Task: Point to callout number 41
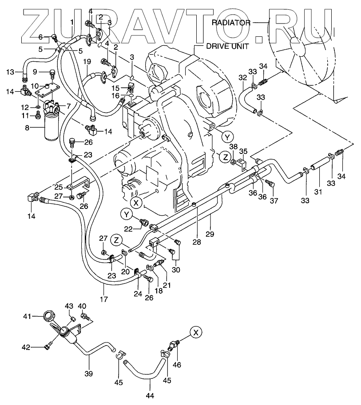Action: coord(27,316)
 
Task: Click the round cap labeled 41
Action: coord(48,317)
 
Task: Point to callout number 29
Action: coord(209,233)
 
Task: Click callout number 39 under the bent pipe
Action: coord(89,374)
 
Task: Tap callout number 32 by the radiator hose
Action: coord(242,78)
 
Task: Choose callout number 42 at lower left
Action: coord(26,347)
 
